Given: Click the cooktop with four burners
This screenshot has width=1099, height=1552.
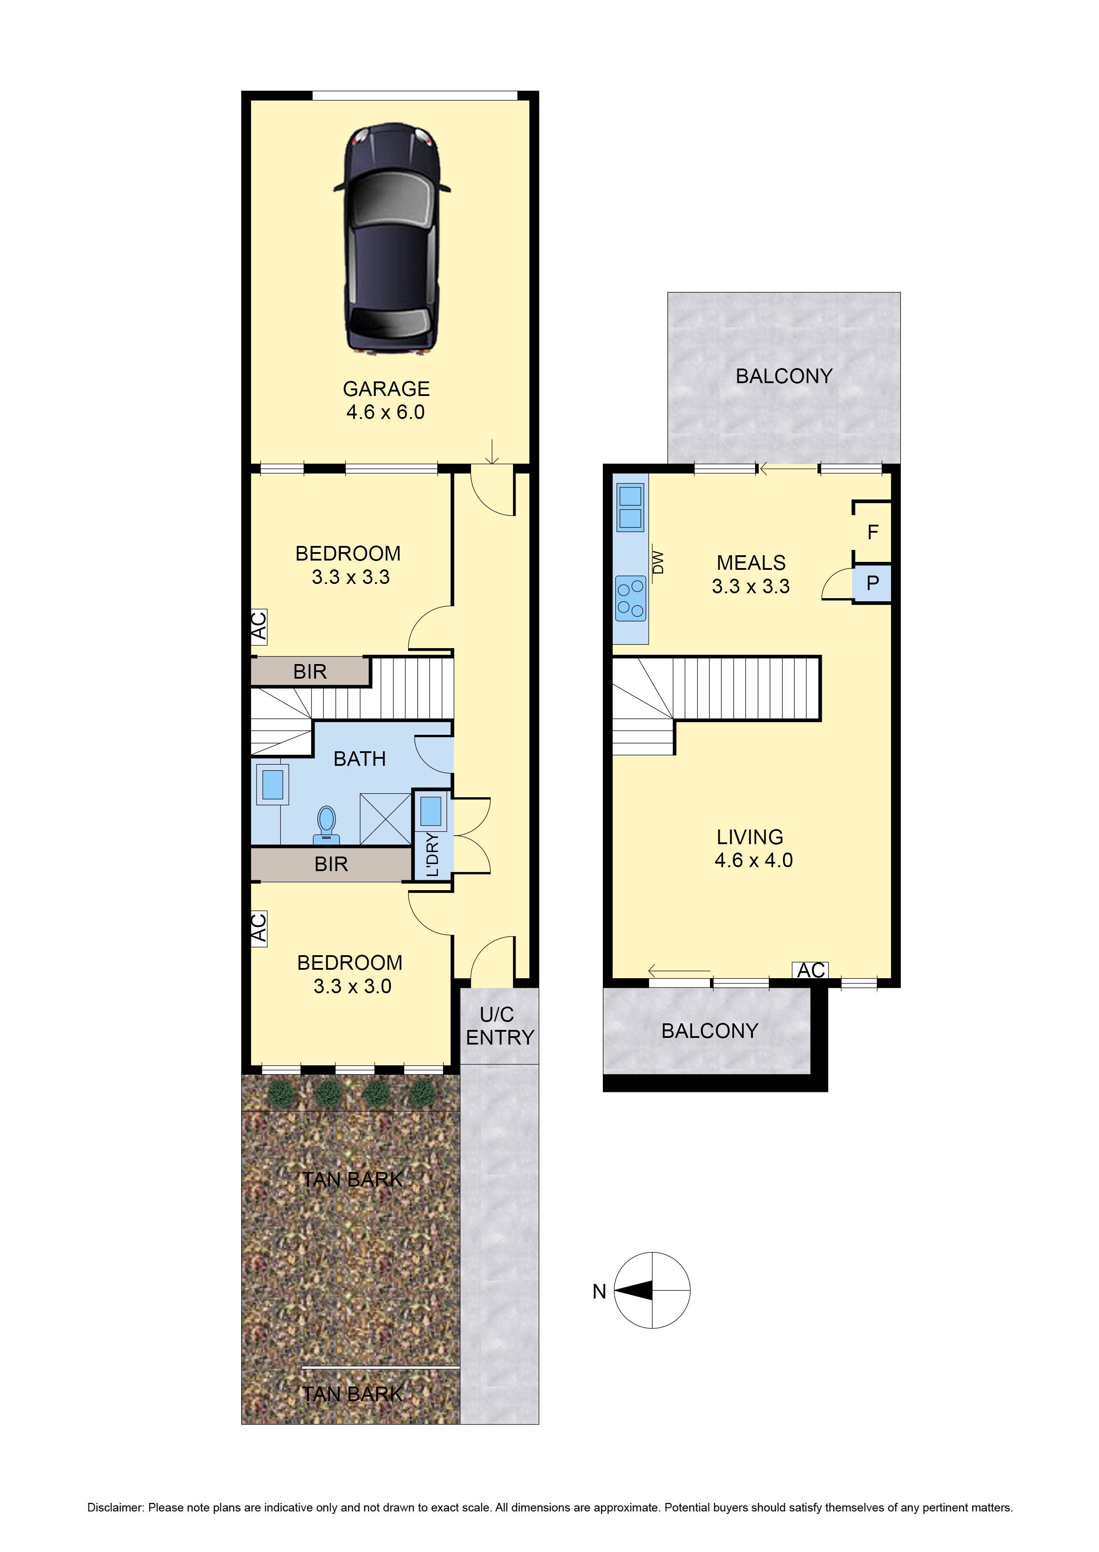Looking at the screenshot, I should (630, 598).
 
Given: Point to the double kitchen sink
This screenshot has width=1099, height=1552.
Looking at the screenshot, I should (630, 507).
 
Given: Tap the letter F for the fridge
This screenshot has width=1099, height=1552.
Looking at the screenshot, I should (872, 532).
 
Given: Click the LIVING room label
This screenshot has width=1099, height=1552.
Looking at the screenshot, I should (750, 837).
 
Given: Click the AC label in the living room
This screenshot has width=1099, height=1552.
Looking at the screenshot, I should (811, 970).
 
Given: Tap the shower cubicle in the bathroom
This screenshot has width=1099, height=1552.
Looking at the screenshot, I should (385, 818).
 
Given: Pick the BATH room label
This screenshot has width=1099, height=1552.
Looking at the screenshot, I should (359, 759).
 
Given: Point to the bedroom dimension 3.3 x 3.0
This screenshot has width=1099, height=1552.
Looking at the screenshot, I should (352, 986).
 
